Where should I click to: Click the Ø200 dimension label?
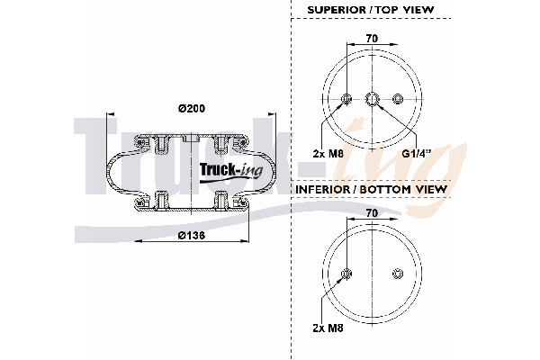[x=191, y=109]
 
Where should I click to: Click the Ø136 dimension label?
[x=191, y=236]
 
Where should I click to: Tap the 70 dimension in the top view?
[x=371, y=40]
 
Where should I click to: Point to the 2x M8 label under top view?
[x=328, y=153]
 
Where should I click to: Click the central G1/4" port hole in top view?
[x=372, y=99]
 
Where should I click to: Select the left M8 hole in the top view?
[x=346, y=99]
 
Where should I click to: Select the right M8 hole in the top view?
[x=397, y=99]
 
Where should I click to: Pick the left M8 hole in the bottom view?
[x=346, y=274]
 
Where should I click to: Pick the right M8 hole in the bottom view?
[x=397, y=274]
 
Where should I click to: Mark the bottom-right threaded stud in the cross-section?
[x=221, y=199]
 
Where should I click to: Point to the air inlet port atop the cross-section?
[x=191, y=138]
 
